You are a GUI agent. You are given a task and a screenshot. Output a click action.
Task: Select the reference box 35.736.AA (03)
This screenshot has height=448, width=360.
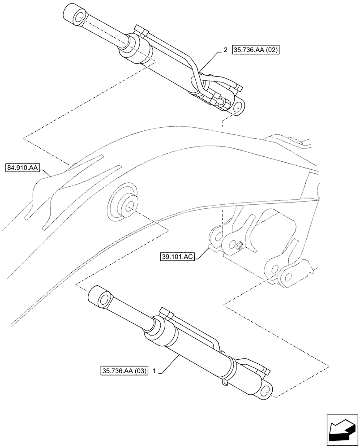(x=124, y=371)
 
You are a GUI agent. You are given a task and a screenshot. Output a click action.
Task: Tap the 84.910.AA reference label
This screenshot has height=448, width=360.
(x=23, y=168)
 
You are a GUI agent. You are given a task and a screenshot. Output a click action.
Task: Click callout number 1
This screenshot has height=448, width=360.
(x=154, y=371)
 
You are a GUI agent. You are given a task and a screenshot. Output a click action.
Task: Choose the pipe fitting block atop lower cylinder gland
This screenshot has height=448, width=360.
(x=165, y=314)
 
